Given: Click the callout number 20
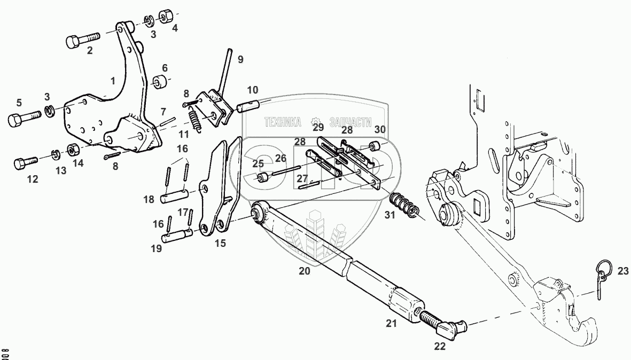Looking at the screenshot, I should coord(304,271).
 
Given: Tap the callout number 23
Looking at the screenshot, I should coord(622,271).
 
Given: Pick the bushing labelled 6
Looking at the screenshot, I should coord(159,83).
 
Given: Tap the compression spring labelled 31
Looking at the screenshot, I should coord(403,205).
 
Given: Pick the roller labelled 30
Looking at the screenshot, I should coord(377,145).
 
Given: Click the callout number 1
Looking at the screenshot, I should coord(112,81).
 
